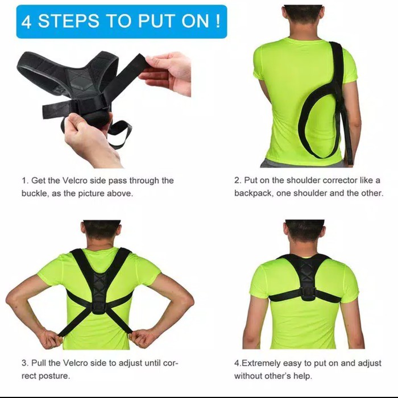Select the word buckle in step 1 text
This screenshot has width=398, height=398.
point(35,193)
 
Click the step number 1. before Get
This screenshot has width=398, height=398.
point(25,180)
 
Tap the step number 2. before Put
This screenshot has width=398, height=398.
point(238,180)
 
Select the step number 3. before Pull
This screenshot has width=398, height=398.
point(25,362)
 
